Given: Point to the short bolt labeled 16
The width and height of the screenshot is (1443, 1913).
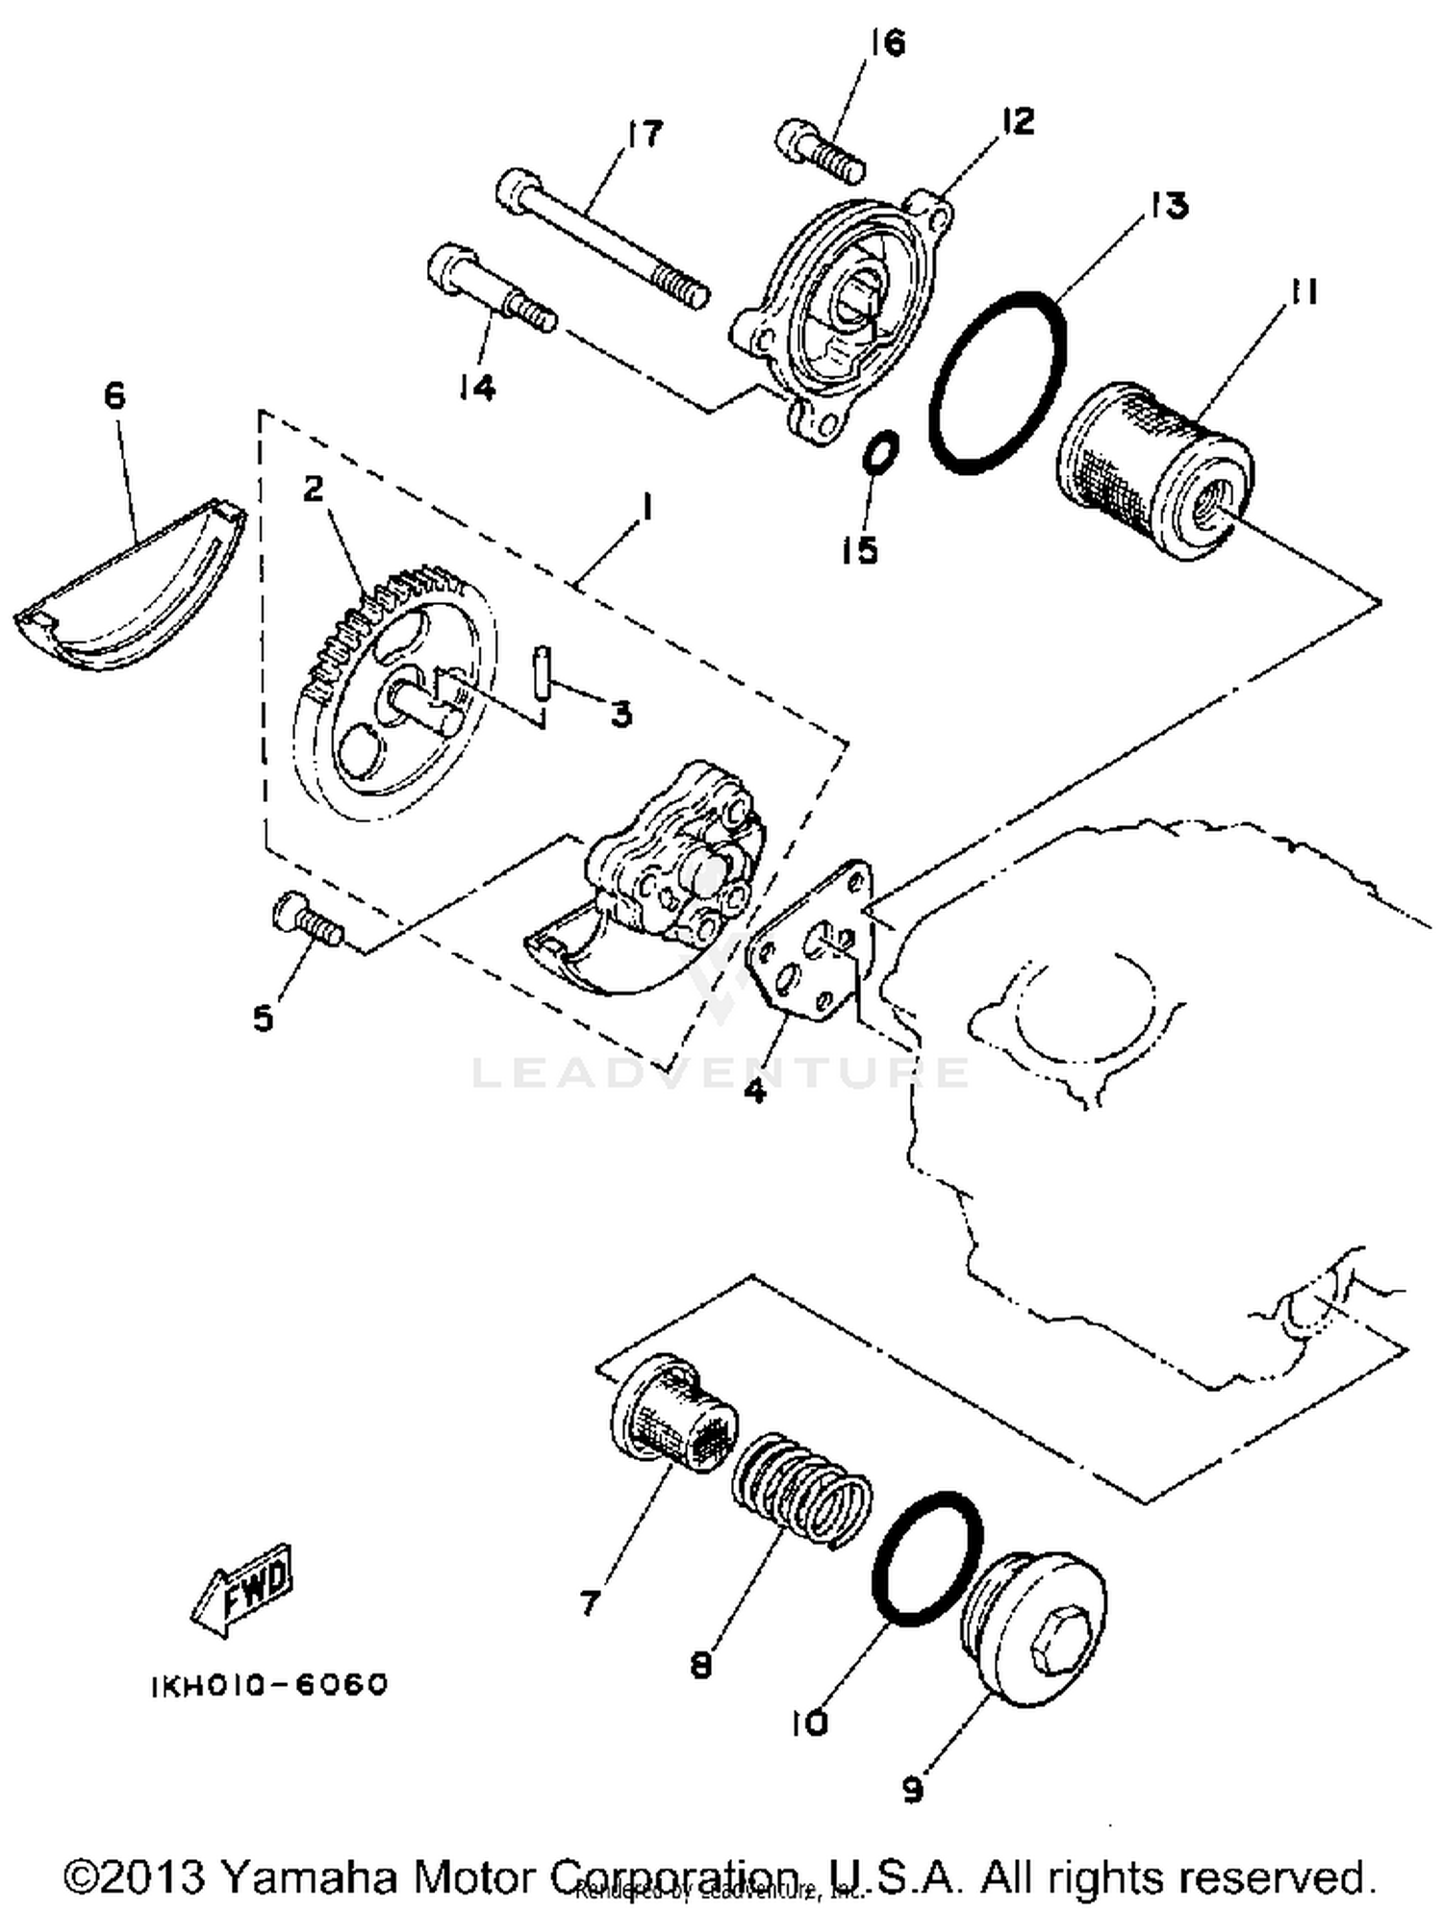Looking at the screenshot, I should pos(820,151).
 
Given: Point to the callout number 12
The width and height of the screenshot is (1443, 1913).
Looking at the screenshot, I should pos(1017,122).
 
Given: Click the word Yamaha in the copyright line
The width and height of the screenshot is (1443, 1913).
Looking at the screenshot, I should pos(314,1876).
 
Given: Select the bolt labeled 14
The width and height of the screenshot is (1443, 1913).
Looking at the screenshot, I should pos(491,289).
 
